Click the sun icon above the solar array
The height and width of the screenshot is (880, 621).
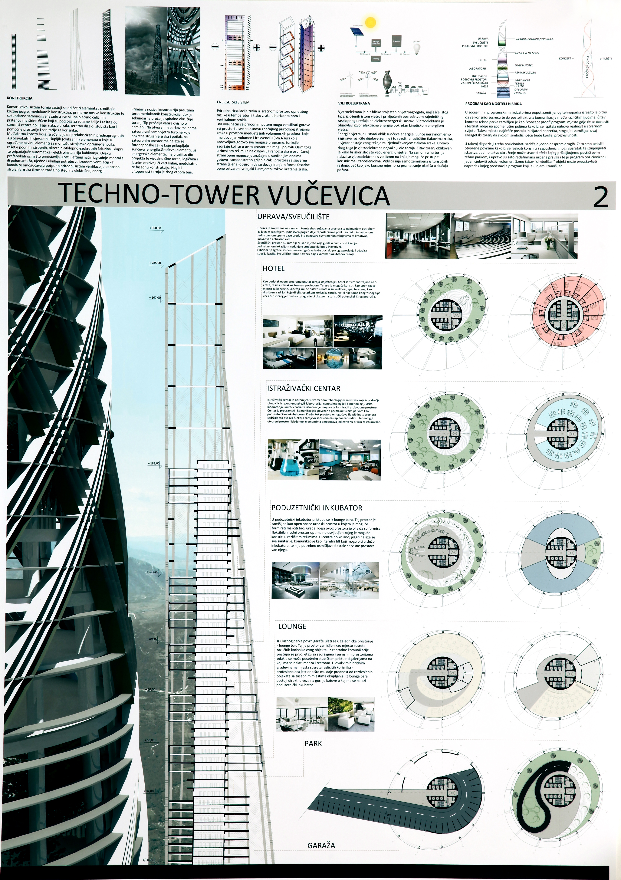pos(370,22)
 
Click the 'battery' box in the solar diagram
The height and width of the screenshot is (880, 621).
pos(376,59)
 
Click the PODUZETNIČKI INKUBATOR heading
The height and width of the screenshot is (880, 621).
pos(317,508)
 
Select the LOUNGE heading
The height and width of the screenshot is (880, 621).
pos(292,626)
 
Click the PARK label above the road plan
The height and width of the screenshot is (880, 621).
pos(313,744)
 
